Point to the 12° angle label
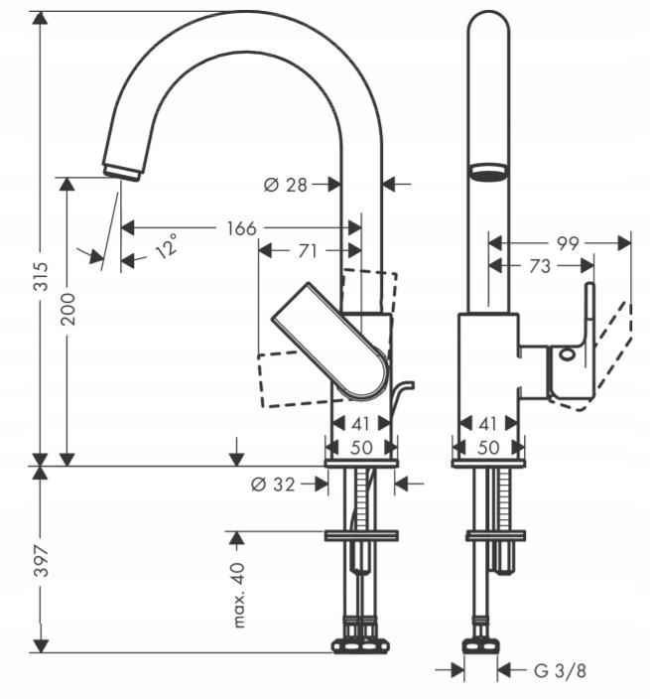pyautogui.click(x=166, y=245)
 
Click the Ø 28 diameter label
pyautogui.click(x=287, y=184)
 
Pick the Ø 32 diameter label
pyautogui.click(x=274, y=484)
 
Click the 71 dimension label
pyautogui.click(x=308, y=251)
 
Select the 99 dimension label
pyautogui.click(x=568, y=242)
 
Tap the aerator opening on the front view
pyautogui.click(x=487, y=172)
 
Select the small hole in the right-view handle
pyautogui.click(x=567, y=352)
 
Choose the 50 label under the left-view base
pyautogui.click(x=361, y=448)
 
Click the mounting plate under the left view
pyautogui.click(x=361, y=535)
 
